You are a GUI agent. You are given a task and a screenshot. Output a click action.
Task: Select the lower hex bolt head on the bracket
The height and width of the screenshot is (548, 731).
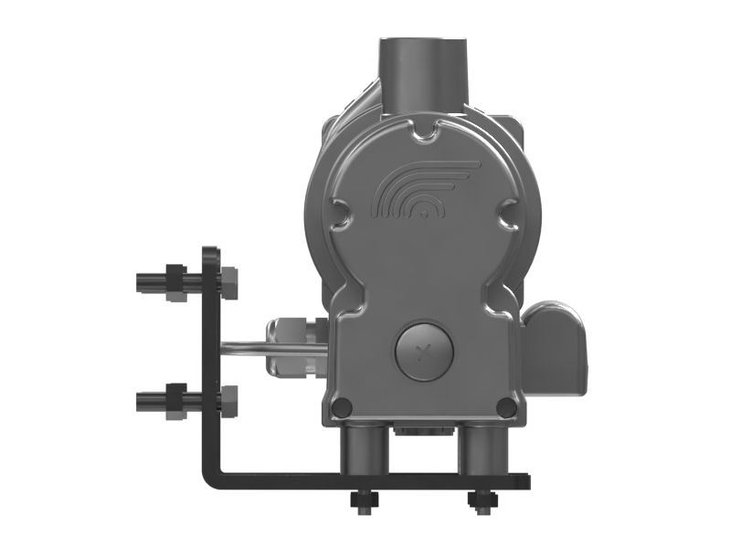click(x=229, y=399)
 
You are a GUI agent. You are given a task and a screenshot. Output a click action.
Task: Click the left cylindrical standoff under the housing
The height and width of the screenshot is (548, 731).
click(x=363, y=450)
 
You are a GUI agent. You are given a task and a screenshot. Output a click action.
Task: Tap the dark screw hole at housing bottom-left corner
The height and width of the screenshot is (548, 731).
click(x=340, y=406)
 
